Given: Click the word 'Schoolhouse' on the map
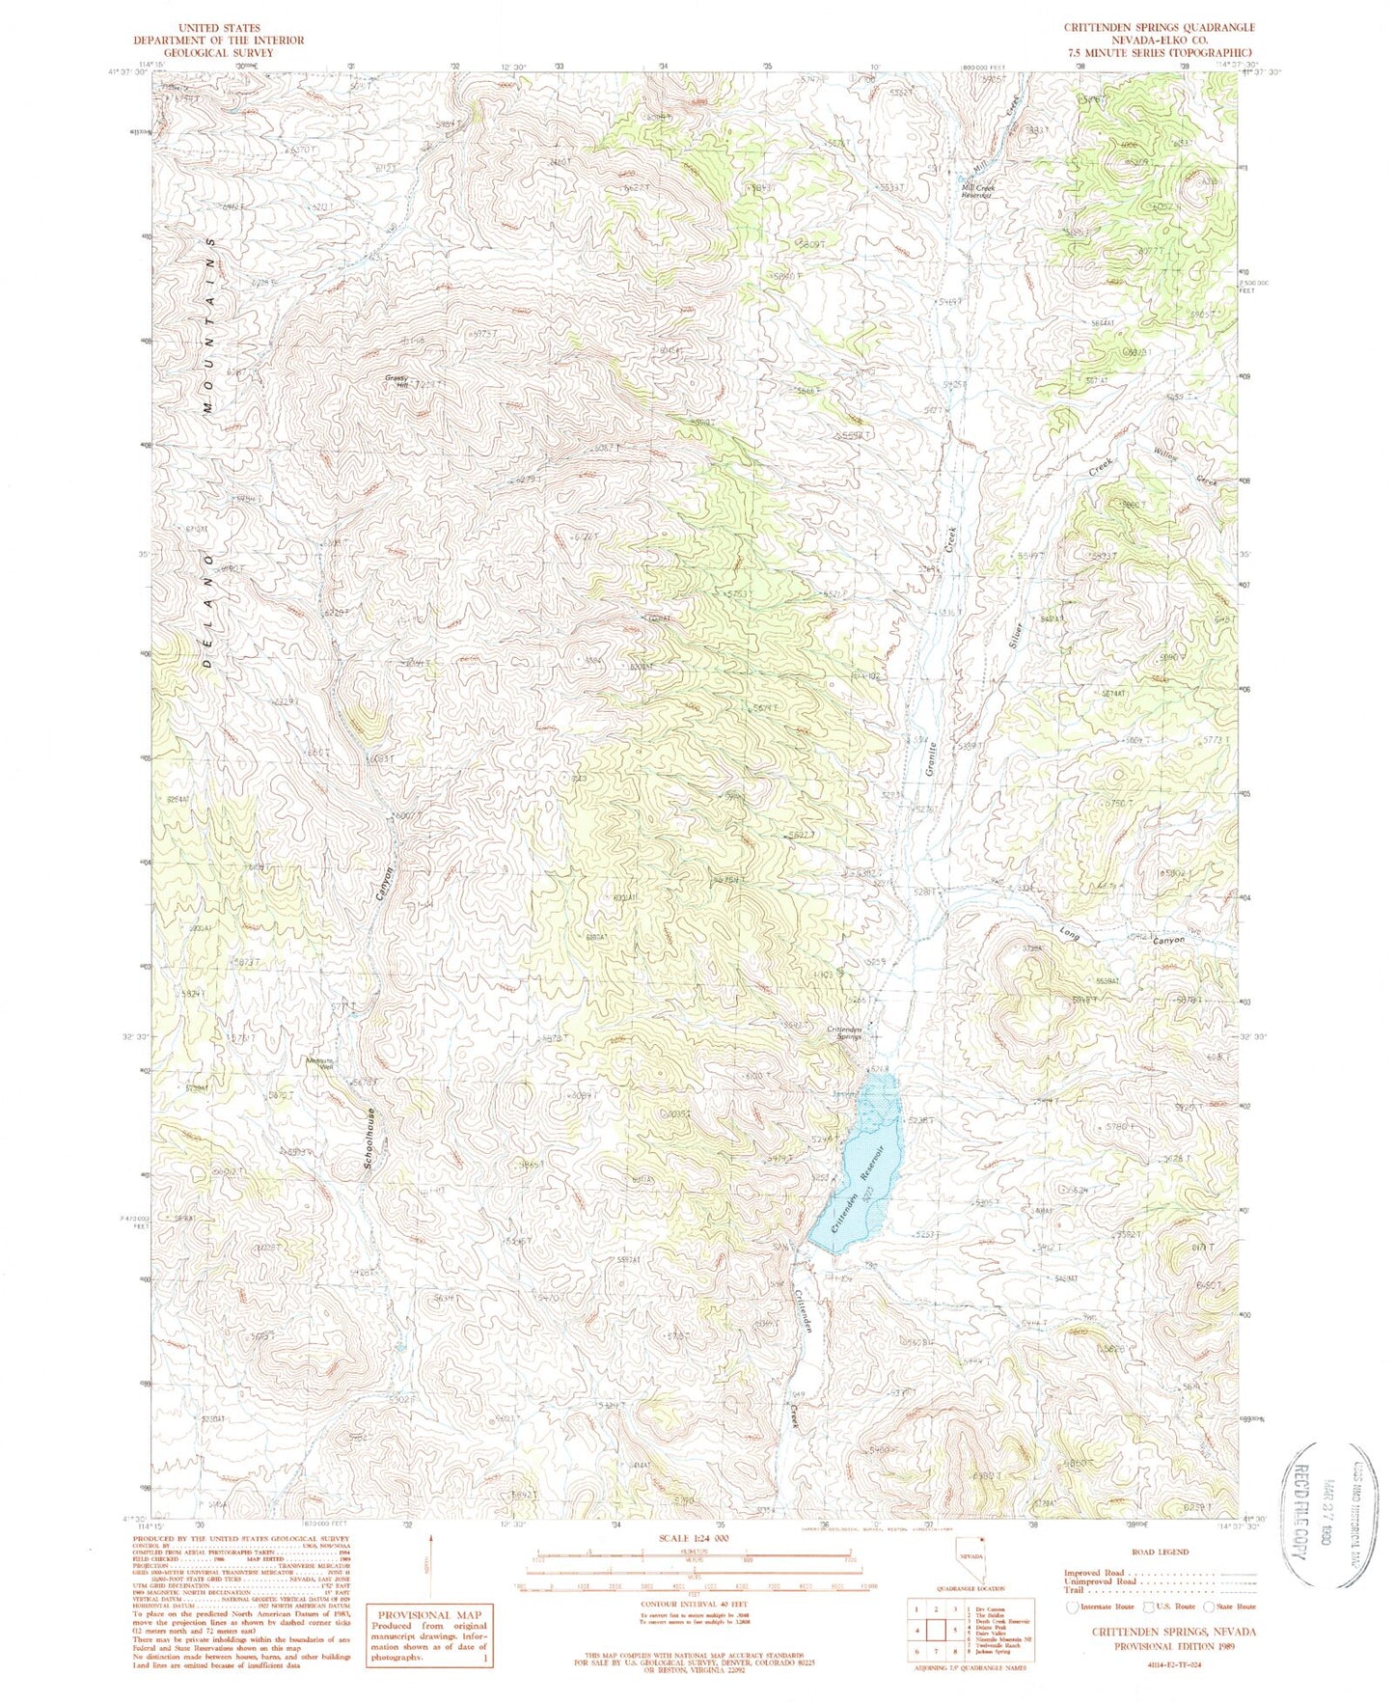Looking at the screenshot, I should click(x=370, y=1139).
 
